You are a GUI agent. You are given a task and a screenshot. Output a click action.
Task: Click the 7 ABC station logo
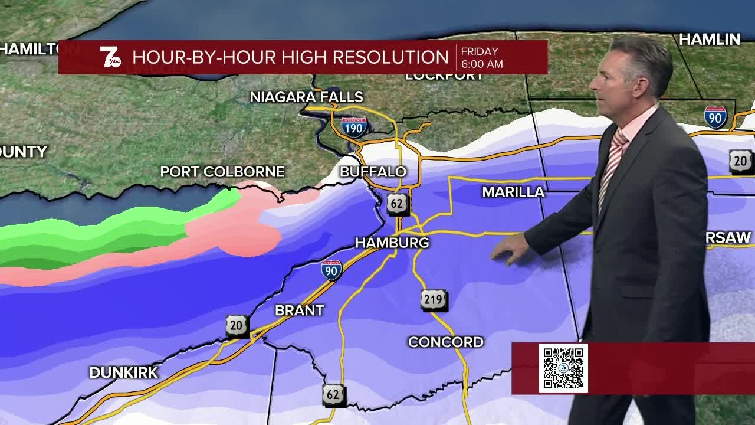point(110,57)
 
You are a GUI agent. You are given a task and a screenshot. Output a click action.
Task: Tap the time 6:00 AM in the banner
point(482,64)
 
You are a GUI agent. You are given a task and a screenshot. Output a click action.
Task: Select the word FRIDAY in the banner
point(480,51)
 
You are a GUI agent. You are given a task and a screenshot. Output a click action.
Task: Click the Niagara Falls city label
point(306,97)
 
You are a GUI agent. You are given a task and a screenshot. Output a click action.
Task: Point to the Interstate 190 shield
point(354,127)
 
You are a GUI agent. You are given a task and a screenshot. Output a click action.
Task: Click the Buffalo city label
point(373,172)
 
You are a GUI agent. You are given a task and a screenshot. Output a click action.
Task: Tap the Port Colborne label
point(222,172)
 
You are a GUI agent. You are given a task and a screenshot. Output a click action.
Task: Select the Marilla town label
point(513,192)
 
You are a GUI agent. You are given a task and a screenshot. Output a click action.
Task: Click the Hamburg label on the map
point(392,243)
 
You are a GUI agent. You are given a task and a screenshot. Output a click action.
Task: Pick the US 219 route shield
point(434,300)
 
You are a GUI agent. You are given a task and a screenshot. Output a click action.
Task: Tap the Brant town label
point(299,310)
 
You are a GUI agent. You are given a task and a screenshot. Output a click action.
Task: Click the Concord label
point(445,342)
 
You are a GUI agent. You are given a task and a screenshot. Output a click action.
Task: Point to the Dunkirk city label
point(123,372)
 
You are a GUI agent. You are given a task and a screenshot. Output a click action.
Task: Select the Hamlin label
point(709,40)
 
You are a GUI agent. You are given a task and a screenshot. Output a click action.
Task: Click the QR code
point(563,368)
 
